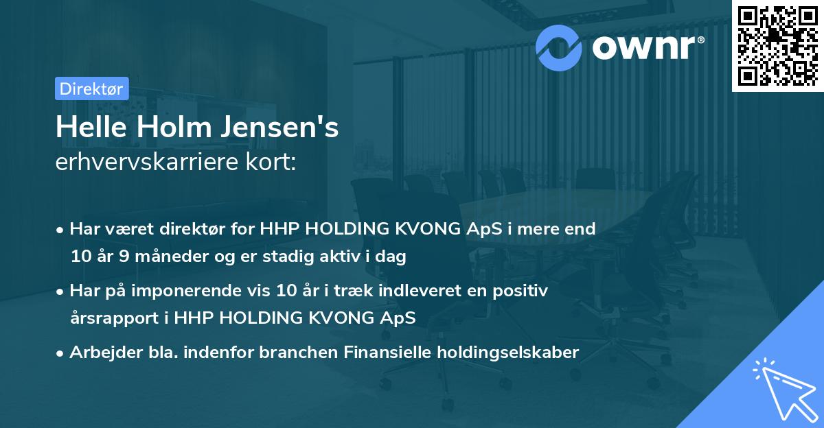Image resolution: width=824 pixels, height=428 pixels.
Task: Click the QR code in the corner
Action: (777, 46)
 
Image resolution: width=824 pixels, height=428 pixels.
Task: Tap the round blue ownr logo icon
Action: (558, 47)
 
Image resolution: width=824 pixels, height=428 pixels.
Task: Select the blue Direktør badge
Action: (91, 88)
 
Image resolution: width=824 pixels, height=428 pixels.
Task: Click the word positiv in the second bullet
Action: (523, 291)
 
